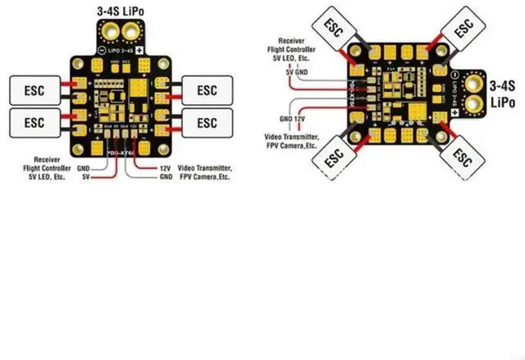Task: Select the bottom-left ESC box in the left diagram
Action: pos(34,123)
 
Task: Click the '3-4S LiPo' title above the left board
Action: pos(122,11)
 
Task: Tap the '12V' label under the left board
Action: pos(164,167)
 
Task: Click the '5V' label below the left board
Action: pos(84,175)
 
